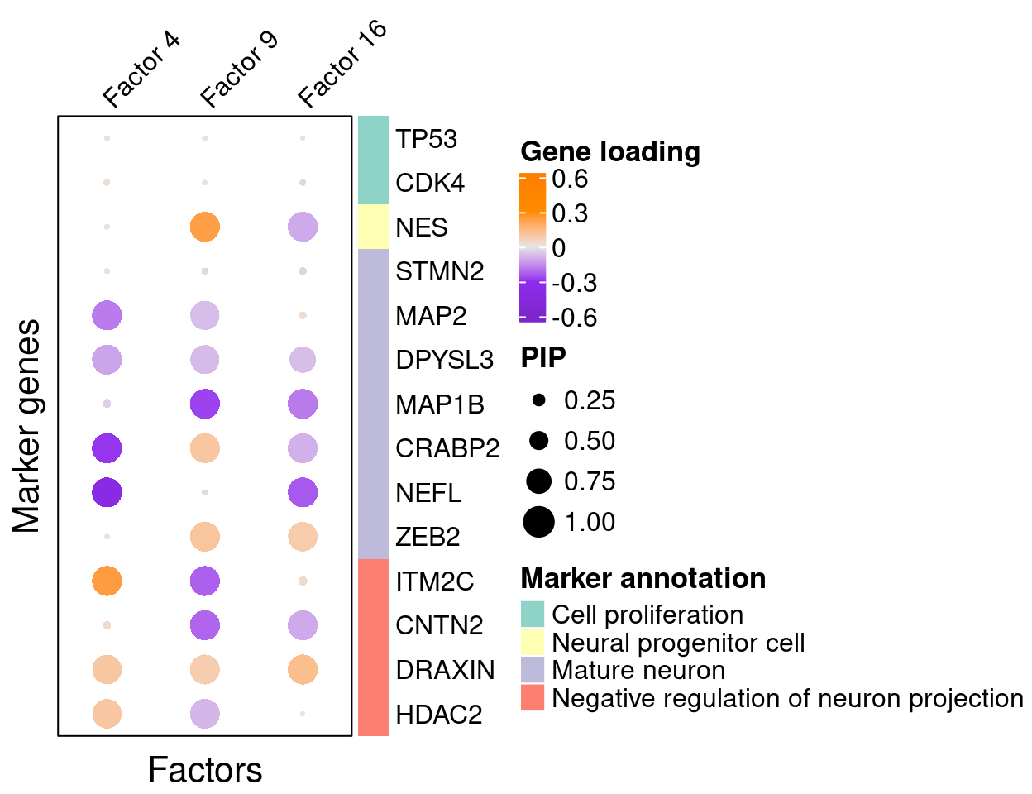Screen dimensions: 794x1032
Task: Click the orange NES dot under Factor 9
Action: click(x=204, y=227)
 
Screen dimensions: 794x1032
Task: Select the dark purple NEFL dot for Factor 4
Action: click(x=107, y=492)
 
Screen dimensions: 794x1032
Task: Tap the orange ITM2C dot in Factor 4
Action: click(x=107, y=581)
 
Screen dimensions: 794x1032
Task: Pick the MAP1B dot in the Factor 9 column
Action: click(x=204, y=404)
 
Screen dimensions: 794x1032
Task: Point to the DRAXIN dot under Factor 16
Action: click(x=303, y=669)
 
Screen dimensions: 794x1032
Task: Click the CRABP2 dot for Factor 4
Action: click(x=107, y=448)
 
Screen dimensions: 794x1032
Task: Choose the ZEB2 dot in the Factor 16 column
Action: click(x=303, y=537)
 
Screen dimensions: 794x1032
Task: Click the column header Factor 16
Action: click(x=342, y=65)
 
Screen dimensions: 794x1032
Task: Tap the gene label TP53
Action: click(x=426, y=139)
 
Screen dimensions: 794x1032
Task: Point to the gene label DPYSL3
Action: click(x=444, y=360)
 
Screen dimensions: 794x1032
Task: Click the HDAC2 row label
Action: click(x=438, y=714)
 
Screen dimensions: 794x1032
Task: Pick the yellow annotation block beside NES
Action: click(x=374, y=227)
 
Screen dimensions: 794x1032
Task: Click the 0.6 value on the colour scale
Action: click(x=570, y=179)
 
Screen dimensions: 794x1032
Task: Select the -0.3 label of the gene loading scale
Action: click(x=574, y=283)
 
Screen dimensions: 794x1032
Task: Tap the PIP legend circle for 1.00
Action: click(x=538, y=522)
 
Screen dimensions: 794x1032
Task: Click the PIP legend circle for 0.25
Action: click(x=538, y=400)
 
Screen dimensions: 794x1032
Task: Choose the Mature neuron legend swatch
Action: click(x=533, y=670)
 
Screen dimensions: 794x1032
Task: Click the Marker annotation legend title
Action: click(x=643, y=578)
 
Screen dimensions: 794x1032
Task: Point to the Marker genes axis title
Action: click(x=27, y=426)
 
